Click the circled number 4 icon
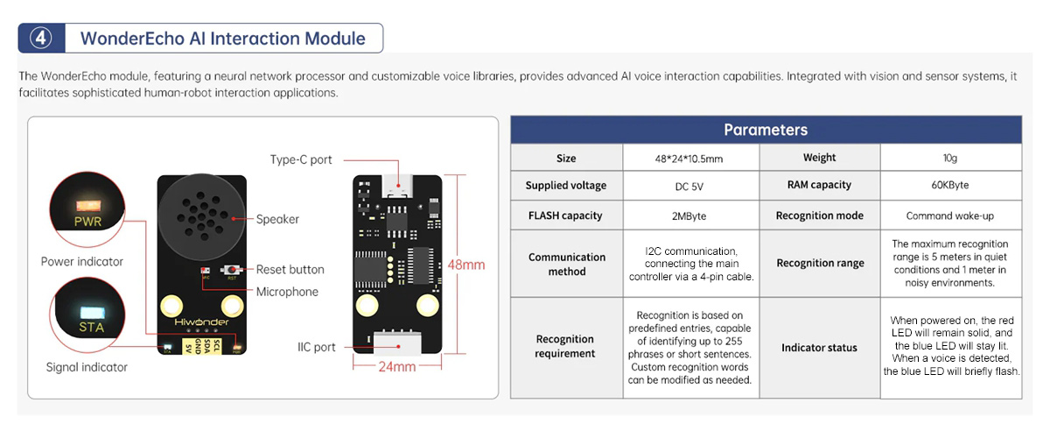coord(41,39)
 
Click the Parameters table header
coord(766,130)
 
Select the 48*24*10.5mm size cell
coord(690,159)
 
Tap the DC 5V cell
coord(690,186)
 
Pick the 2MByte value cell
coord(690,215)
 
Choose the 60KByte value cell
coord(950,186)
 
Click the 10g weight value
coord(950,159)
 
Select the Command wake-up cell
coord(950,215)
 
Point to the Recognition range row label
coord(820,263)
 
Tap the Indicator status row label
coord(820,348)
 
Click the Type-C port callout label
coord(301,159)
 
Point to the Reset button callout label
coord(290,270)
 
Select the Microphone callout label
coord(287,292)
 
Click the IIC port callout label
coord(316,347)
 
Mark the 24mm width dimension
coord(396,367)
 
